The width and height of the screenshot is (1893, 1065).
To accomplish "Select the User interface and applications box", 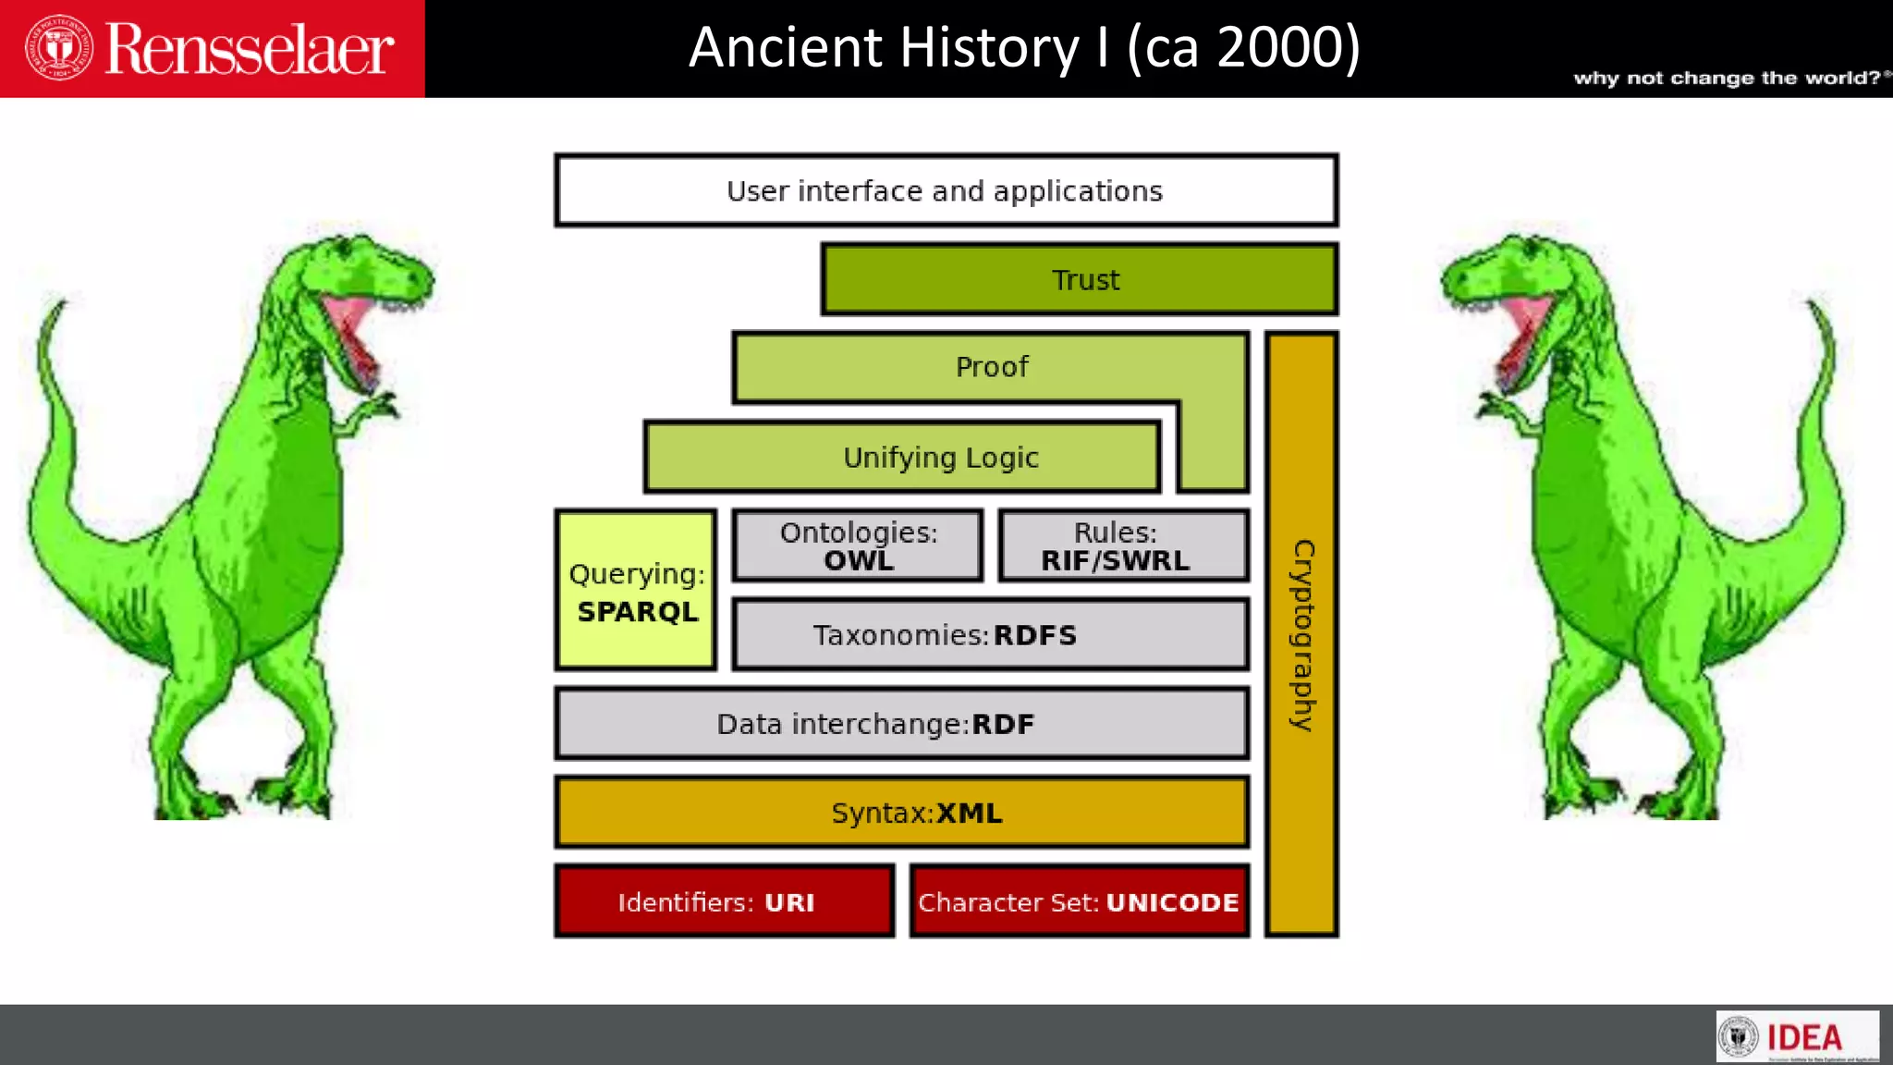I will (x=946, y=190).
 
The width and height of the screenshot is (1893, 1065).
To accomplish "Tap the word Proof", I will (x=992, y=367).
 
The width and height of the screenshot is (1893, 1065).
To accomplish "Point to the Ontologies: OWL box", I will (x=858, y=545).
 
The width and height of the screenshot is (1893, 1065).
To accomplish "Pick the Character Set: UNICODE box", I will (x=1079, y=901).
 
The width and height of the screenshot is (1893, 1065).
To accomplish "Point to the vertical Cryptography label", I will (x=1302, y=635).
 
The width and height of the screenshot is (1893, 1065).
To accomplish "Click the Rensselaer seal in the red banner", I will (x=58, y=48).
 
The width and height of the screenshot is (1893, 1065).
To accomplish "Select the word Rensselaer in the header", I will (x=250, y=50).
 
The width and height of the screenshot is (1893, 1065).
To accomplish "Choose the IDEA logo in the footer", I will (x=1797, y=1037).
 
